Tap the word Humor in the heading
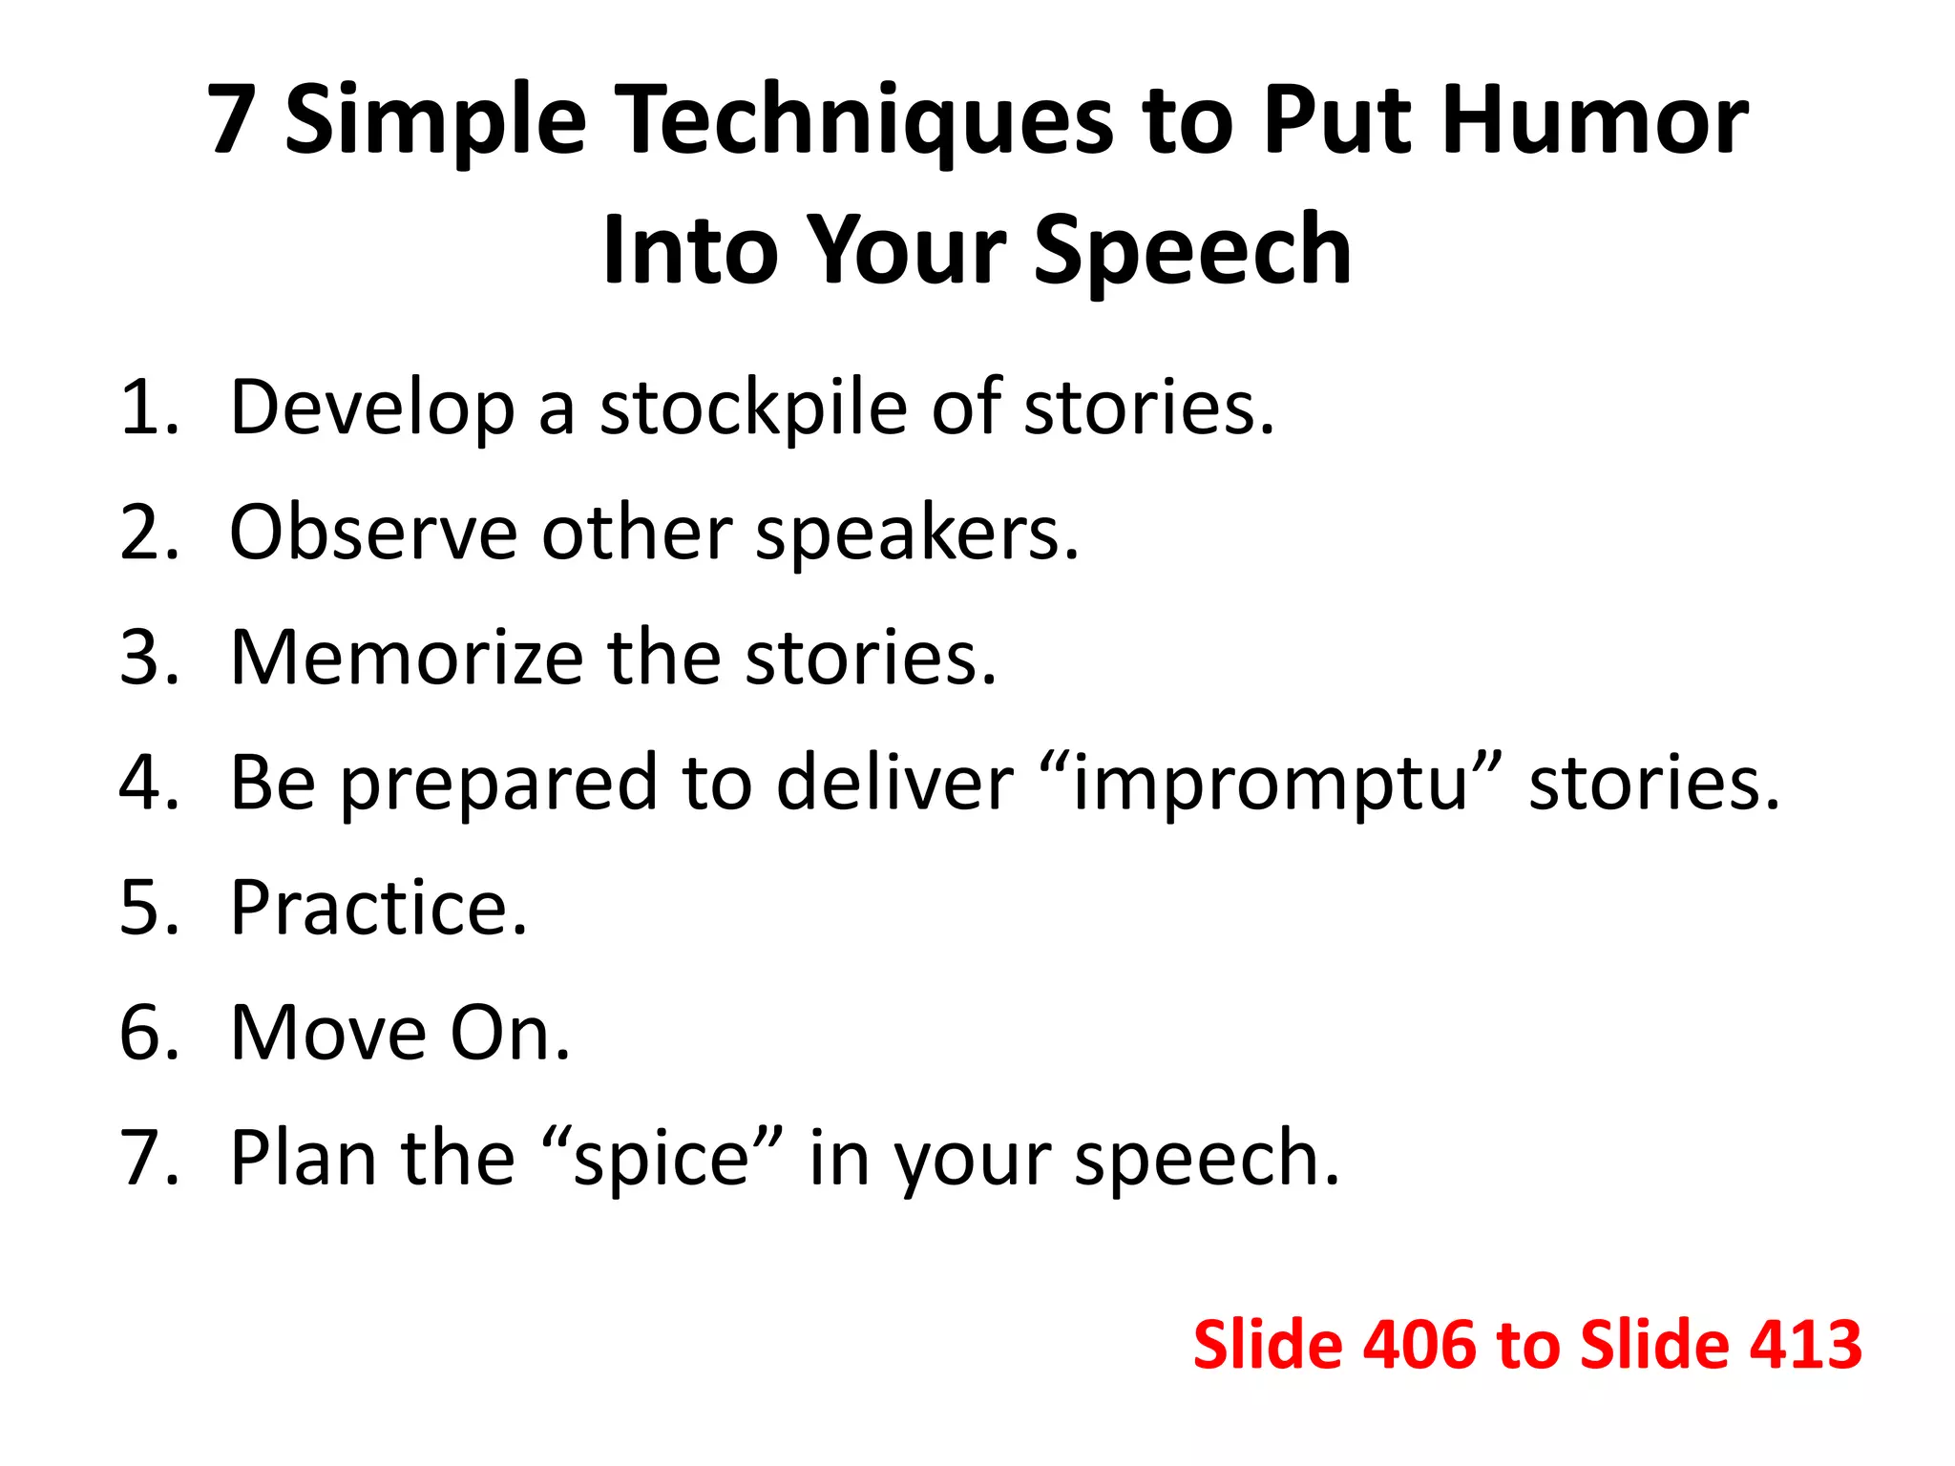[1595, 120]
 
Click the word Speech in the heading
[1192, 250]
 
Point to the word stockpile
[753, 408]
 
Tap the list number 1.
[143, 408]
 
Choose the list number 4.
[143, 784]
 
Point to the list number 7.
[143, 1159]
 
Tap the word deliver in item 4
[894, 784]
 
